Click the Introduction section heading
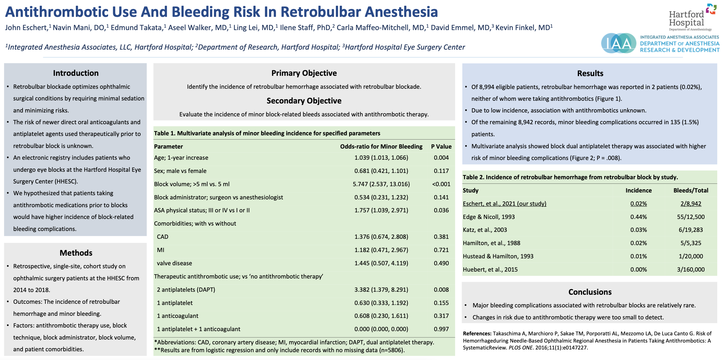[76, 73]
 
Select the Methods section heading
[76, 253]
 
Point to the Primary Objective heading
[304, 73]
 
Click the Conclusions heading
[590, 292]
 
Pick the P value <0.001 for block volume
[441, 184]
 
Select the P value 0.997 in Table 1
[441, 329]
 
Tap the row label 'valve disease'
[174, 263]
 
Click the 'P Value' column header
[441, 146]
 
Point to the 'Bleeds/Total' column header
[691, 190]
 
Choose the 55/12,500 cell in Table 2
[691, 217]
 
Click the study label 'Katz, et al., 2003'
[485, 230]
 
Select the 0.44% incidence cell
[638, 217]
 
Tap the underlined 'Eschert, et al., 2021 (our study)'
[504, 204]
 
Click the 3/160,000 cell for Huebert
[691, 269]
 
